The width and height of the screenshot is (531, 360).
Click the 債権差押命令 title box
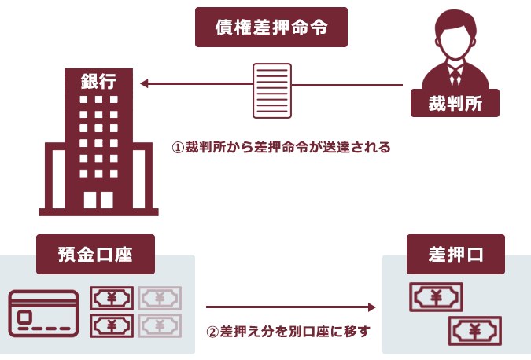(271, 28)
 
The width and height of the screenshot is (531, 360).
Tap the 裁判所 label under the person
(455, 101)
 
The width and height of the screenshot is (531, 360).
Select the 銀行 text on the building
(98, 81)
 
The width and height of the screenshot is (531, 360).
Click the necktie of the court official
(455, 75)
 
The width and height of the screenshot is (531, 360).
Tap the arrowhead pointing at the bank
(145, 83)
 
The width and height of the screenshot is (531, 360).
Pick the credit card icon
(44, 313)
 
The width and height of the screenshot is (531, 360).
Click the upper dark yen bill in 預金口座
(112, 299)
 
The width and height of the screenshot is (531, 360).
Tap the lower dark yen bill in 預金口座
(112, 325)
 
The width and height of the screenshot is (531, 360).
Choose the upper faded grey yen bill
(160, 299)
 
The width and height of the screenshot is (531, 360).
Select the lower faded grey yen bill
(160, 325)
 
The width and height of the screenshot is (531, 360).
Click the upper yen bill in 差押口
(436, 297)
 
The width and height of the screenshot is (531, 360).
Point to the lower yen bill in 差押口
(474, 330)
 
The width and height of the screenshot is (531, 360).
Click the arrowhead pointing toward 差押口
(372, 307)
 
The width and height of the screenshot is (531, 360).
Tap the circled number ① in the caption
(178, 147)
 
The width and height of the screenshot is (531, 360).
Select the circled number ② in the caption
(212, 331)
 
